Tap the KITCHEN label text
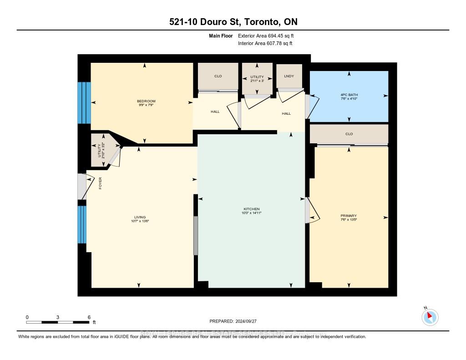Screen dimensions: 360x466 (251, 208)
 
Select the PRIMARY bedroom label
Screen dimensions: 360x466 (349, 216)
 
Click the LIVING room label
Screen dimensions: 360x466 (140, 217)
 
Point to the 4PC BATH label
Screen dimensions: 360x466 (349, 94)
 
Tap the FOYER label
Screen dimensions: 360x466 (100, 183)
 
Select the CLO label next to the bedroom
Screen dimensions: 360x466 (218, 76)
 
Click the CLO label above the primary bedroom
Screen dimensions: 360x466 (349, 134)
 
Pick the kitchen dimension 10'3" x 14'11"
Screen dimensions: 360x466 (251, 213)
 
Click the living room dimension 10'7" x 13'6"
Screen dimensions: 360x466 (140, 222)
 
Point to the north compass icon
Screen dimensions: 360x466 (430, 317)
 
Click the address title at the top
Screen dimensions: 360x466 (233, 22)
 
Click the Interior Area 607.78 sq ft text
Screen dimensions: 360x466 (265, 43)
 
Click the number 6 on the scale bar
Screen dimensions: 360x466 (89, 317)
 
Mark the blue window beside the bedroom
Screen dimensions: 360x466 (84, 103)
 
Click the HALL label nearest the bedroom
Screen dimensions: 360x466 (215, 111)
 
